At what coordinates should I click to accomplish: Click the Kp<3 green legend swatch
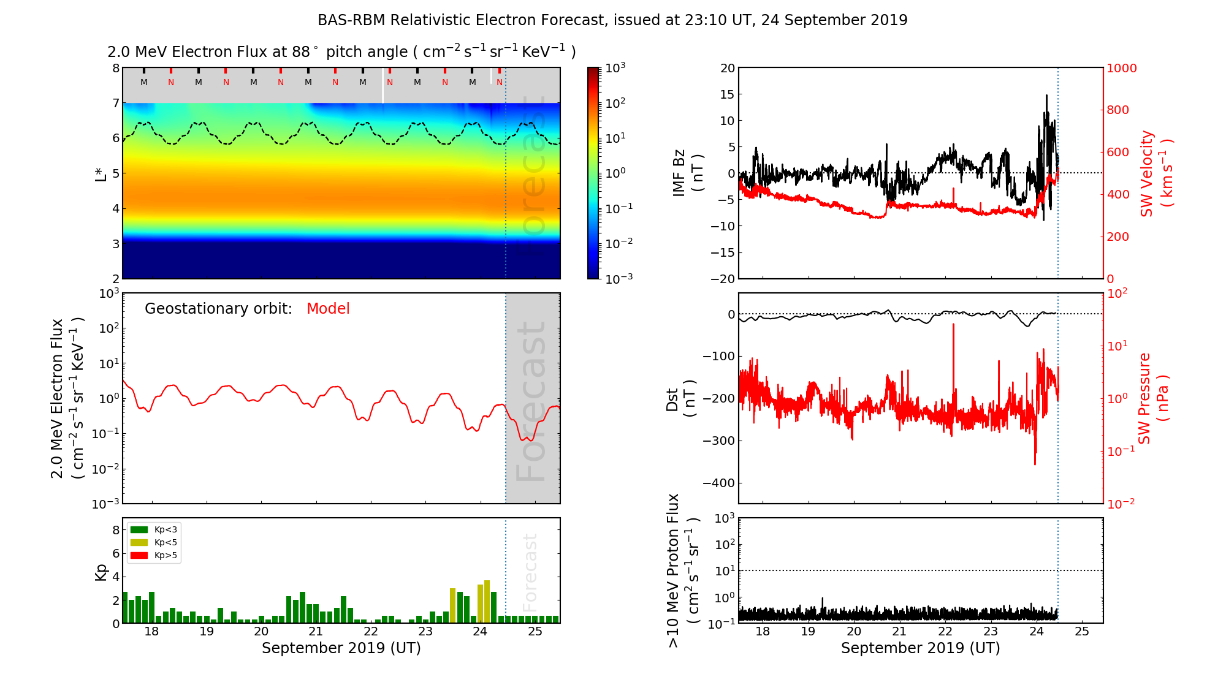pos(139,529)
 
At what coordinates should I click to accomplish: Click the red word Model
pos(328,309)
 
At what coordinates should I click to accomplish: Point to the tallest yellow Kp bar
pos(487,600)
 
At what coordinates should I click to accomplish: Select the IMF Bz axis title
pos(687,173)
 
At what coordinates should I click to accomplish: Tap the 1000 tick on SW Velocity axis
pos(1121,69)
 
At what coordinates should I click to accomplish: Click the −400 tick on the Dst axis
pos(718,483)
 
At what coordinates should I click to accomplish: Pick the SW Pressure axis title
pos(1153,398)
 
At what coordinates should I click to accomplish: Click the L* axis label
pos(101,173)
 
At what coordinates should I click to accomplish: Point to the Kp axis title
pos(101,572)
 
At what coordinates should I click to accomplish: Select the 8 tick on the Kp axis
pos(116,530)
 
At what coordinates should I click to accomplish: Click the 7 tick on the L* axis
pos(116,103)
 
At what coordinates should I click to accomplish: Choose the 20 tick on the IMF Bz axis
pos(727,69)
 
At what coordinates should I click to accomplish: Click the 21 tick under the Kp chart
pos(316,632)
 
